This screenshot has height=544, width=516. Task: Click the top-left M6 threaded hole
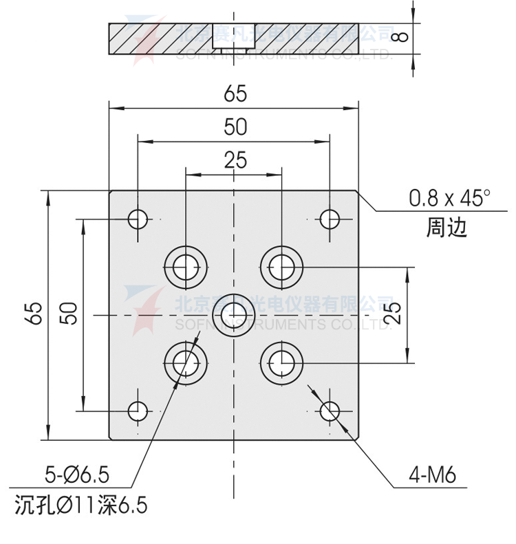point(138,219)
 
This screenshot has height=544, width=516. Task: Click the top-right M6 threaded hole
point(330,219)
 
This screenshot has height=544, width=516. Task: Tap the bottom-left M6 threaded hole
point(138,411)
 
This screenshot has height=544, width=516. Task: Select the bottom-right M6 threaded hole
point(330,411)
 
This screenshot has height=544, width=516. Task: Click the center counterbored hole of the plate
point(234,314)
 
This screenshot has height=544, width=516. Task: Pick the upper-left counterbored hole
point(186,266)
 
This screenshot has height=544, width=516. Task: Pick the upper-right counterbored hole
point(282,266)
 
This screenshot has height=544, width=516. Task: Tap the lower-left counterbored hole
point(186,362)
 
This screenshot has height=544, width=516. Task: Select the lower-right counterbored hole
point(282,362)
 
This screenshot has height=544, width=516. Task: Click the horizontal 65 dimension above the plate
point(235,94)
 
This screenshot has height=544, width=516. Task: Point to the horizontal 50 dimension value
point(235,128)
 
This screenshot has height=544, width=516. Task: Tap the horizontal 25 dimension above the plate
point(235,160)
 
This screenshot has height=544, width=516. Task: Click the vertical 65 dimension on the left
point(36,314)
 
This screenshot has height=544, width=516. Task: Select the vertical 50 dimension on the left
point(69,314)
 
